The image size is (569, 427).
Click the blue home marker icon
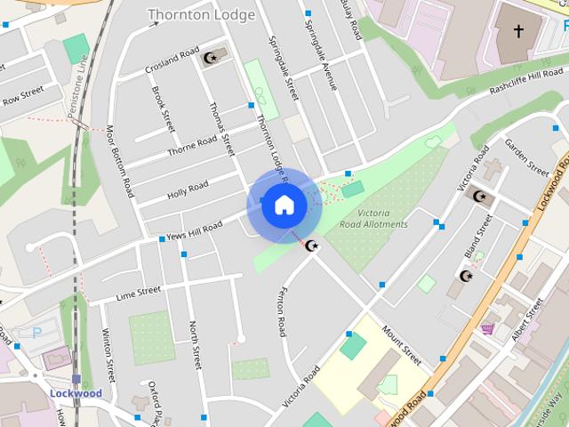tap(284, 205)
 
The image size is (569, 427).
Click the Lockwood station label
tap(76, 393)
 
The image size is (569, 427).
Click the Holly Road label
tap(188, 190)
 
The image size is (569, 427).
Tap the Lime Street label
tap(138, 291)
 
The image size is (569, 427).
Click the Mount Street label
tap(401, 345)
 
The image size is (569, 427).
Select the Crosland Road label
tap(172, 63)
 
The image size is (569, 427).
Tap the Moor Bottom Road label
tap(122, 161)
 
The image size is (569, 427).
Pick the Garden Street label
tap(526, 157)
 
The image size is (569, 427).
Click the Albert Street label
tap(527, 320)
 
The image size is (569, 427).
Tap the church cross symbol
tap(518, 33)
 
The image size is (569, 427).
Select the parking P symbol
tap(36, 333)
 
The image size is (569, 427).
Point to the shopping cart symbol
tap(487, 328)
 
